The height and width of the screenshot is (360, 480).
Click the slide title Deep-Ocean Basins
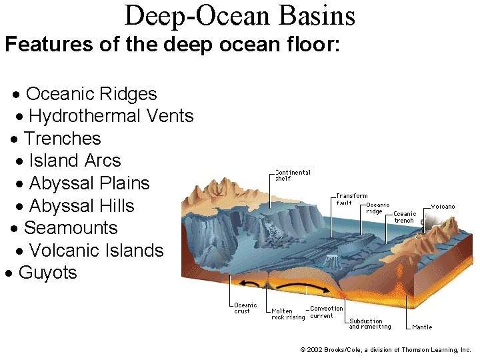pos(239,15)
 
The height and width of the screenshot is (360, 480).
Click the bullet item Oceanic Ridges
pos(91,94)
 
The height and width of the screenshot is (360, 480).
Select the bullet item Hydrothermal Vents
pos(111,117)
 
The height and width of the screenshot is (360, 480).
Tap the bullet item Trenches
pos(62,139)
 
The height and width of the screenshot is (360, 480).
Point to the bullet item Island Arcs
pos(75,161)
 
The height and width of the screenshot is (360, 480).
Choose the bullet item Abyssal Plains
pos(89,183)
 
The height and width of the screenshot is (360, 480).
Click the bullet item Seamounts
pos(70,228)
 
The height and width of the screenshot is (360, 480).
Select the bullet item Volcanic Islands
pos(96,251)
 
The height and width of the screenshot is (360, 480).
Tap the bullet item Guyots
pos(47,273)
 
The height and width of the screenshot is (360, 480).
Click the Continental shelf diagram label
pos(293,175)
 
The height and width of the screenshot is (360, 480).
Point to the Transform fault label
pos(351,199)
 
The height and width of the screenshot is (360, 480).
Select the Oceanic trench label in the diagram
pos(404,217)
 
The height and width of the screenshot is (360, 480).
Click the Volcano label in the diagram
pos(443,207)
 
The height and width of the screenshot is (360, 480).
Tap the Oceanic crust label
pos(245,308)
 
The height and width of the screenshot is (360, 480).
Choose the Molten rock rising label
pos(287,314)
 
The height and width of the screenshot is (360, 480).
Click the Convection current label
pos(327,312)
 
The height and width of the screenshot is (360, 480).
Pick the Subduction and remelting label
pos(369,324)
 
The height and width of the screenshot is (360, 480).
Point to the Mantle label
pos(422,327)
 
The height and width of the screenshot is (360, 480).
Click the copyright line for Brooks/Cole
pos(385,350)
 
